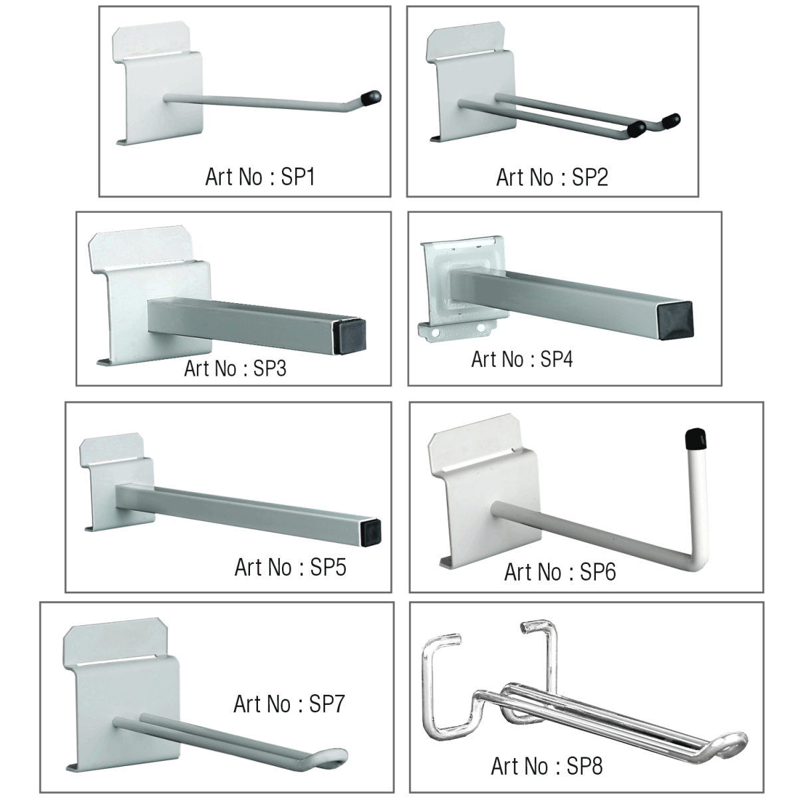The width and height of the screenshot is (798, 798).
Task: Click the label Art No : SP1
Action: click(x=260, y=177)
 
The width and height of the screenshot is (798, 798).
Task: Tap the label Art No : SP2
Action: click(x=552, y=178)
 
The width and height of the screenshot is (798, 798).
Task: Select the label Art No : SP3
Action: click(x=235, y=368)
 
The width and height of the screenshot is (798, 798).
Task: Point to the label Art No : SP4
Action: click(x=522, y=359)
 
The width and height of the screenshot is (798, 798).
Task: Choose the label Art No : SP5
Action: click(x=291, y=567)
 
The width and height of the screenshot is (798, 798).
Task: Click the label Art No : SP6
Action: click(x=560, y=572)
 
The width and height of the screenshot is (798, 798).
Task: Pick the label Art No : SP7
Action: click(x=289, y=704)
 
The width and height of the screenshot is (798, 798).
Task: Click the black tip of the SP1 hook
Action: click(x=372, y=97)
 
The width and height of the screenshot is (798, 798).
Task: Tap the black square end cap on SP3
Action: click(x=350, y=336)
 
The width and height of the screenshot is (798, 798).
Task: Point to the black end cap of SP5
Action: click(x=371, y=531)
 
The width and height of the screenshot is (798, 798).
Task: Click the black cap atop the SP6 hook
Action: click(x=696, y=440)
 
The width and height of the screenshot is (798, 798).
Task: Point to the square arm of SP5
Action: click(x=249, y=510)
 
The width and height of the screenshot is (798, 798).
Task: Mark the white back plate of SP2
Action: click(x=471, y=82)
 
